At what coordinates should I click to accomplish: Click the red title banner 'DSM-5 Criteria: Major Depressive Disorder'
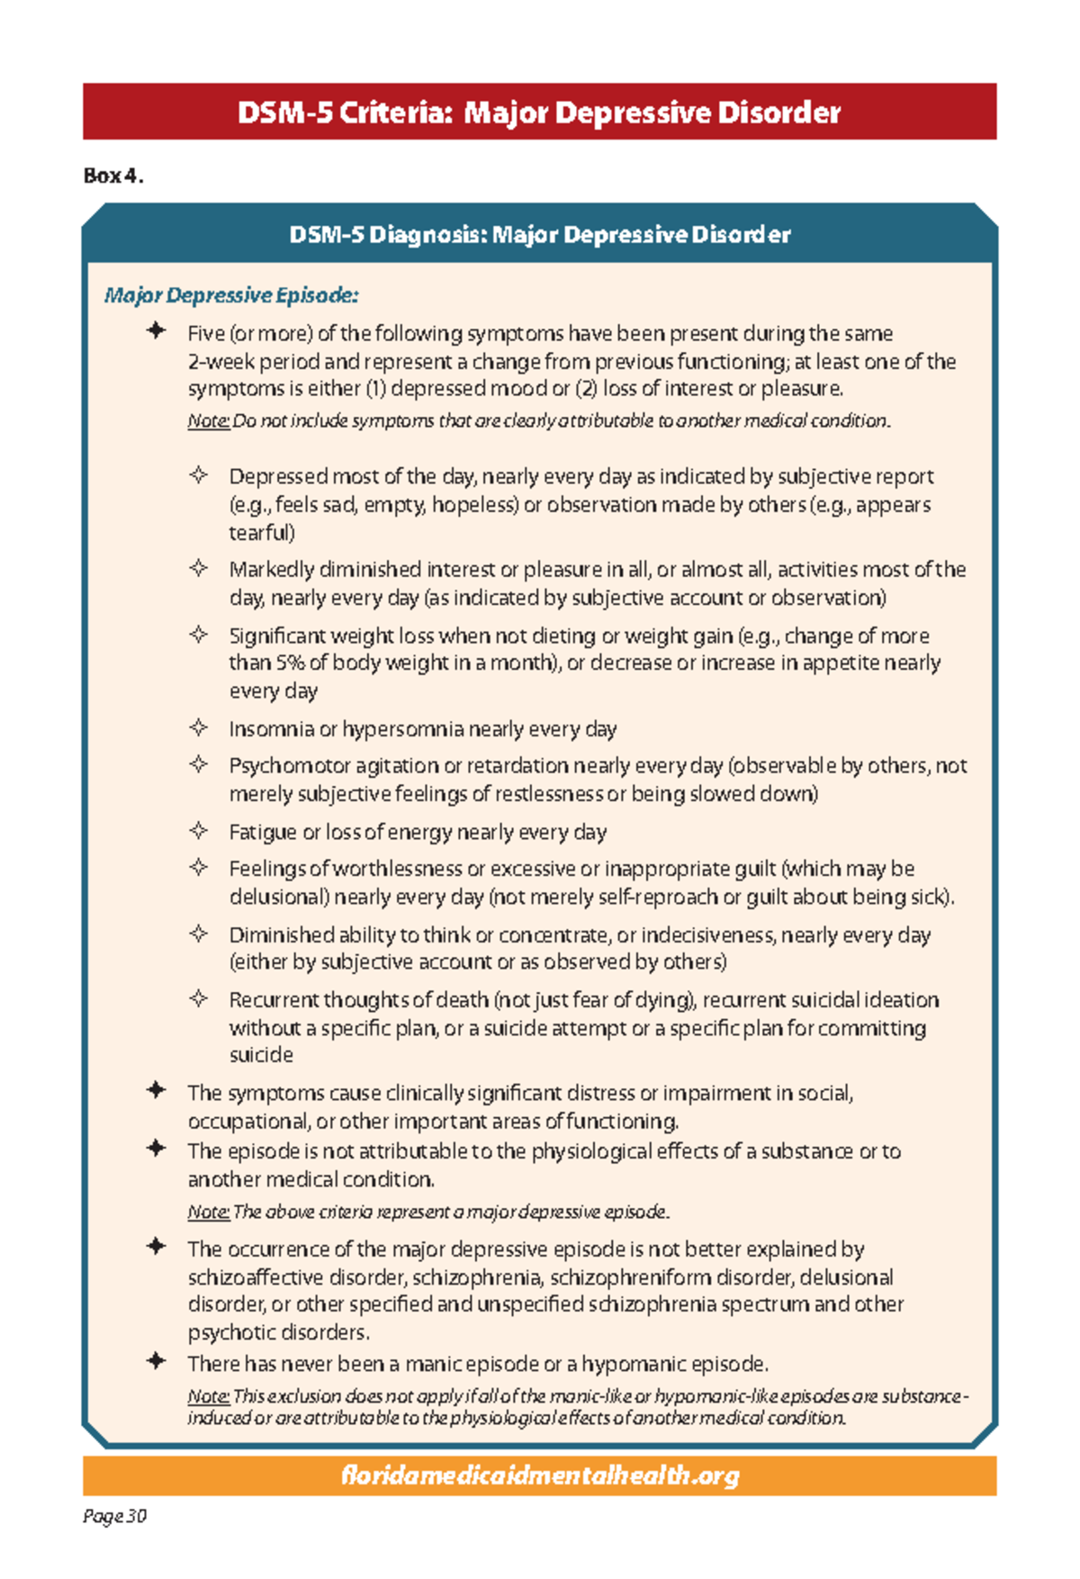click(x=539, y=113)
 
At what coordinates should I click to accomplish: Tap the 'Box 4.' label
click(x=112, y=176)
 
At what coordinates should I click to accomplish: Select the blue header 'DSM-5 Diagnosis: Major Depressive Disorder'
click(x=539, y=235)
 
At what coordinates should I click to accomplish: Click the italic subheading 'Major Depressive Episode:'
click(x=231, y=295)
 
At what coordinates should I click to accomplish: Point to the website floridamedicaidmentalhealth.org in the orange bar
click(x=540, y=1475)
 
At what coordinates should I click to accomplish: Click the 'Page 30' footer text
click(x=114, y=1516)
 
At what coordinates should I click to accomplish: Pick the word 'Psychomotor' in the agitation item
click(x=289, y=766)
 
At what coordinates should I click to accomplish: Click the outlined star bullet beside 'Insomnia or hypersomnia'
click(x=199, y=727)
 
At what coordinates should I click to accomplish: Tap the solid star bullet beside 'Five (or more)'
click(x=157, y=331)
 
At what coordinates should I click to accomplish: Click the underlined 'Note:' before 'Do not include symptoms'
click(x=208, y=421)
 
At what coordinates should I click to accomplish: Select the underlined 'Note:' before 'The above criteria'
click(x=208, y=1213)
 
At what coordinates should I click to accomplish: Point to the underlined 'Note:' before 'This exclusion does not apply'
click(x=208, y=1397)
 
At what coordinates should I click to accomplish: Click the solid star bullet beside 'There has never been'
click(x=157, y=1361)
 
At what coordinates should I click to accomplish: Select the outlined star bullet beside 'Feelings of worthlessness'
click(x=199, y=868)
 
